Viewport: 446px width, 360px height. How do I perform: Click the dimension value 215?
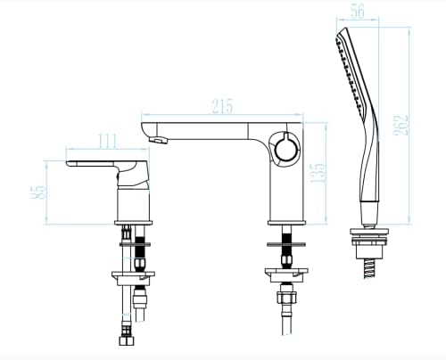click(x=223, y=106)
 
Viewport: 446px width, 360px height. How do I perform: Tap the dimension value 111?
click(x=108, y=141)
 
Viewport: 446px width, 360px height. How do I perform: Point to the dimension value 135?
click(x=319, y=173)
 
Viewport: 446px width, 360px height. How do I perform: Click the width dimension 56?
click(x=358, y=12)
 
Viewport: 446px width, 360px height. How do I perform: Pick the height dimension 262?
click(x=401, y=125)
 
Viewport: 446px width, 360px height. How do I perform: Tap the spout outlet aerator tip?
click(x=158, y=139)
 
